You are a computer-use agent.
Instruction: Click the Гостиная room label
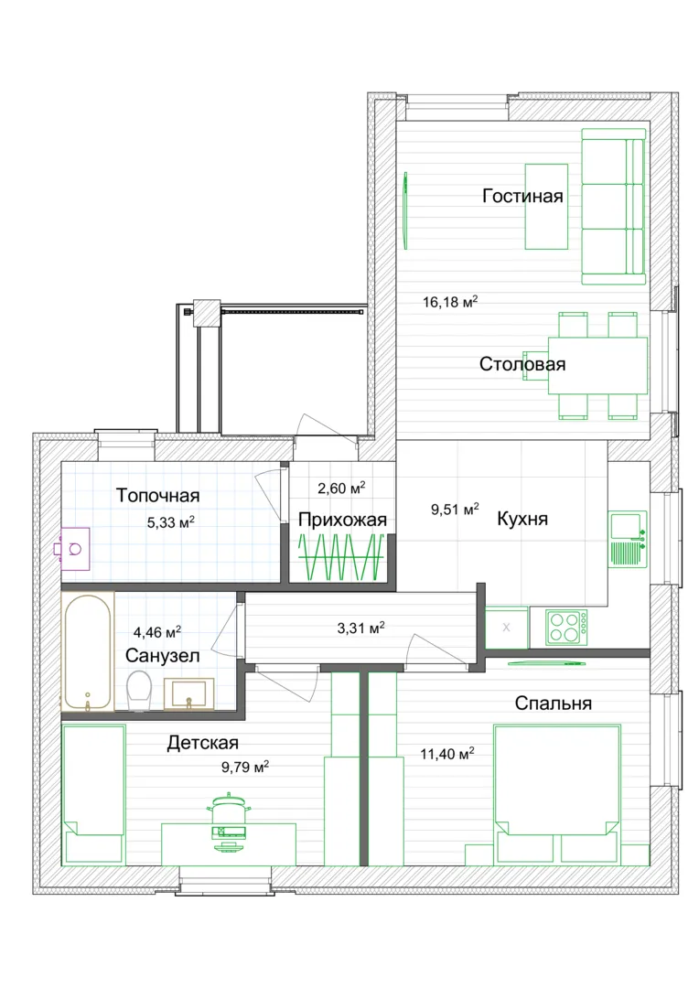(522, 196)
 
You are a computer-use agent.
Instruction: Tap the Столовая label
(522, 364)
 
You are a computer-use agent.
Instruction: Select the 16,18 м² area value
(450, 302)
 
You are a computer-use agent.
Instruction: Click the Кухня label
(522, 519)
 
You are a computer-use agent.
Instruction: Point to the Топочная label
(157, 495)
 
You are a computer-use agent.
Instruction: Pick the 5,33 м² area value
(171, 521)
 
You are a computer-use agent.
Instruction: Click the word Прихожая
(342, 520)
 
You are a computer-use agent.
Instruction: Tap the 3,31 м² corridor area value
(361, 628)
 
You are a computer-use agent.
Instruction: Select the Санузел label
(163, 655)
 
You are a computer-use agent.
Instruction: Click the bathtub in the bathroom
(88, 652)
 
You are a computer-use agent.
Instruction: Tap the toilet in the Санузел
(139, 691)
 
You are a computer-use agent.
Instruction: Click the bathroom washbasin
(188, 693)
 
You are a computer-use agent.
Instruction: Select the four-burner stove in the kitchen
(567, 627)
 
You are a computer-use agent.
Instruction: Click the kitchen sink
(628, 539)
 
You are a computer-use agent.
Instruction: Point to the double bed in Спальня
(556, 794)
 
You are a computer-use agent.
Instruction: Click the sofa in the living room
(613, 207)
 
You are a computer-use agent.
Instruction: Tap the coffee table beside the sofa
(546, 207)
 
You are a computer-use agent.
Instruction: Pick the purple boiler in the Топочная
(72, 549)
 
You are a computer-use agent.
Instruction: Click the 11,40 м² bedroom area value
(447, 754)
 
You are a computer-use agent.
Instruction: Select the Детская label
(203, 743)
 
